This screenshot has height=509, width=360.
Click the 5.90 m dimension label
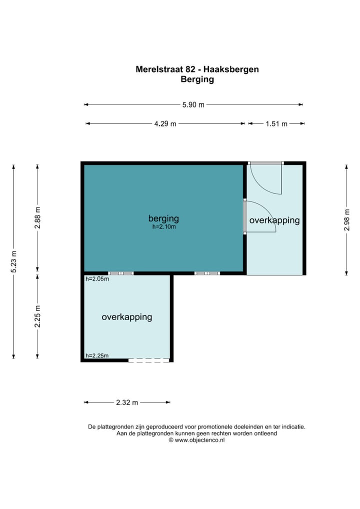193,104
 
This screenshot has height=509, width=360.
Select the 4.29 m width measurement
165,123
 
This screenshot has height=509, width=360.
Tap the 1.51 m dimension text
276,123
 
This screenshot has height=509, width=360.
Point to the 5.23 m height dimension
13,262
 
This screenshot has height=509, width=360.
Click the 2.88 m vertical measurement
37,218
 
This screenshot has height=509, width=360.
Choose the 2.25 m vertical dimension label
37,316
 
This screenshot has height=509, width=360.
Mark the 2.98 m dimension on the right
346,220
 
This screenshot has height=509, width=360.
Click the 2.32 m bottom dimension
127,402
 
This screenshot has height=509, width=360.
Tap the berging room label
163,219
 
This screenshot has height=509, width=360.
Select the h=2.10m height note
164,227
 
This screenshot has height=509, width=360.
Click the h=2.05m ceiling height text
97,279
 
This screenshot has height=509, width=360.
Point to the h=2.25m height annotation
97,355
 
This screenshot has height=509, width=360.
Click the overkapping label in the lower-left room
127,317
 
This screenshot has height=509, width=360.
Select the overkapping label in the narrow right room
274,220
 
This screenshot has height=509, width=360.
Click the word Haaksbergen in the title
231,69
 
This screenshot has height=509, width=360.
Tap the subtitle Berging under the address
197,79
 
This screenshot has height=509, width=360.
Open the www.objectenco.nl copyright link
199,440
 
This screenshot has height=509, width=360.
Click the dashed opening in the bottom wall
149,360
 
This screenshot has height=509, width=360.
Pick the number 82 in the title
190,69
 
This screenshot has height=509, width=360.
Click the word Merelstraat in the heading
159,69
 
